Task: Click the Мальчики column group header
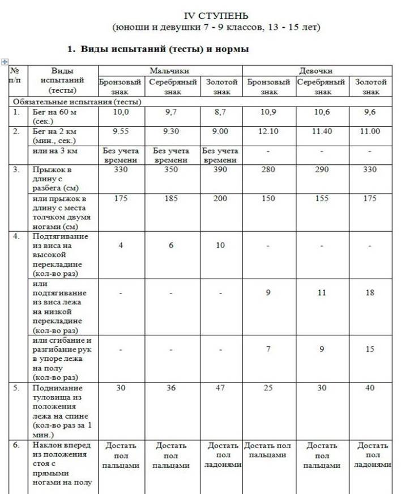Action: tap(169, 71)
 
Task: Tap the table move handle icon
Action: tap(5, 61)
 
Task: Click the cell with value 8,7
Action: tap(220, 113)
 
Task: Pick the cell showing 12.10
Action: tap(268, 131)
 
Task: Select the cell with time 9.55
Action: tap(121, 131)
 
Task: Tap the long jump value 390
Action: tap(220, 169)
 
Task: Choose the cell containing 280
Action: tap(268, 169)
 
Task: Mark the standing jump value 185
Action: tap(172, 198)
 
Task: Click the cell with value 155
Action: tap(322, 198)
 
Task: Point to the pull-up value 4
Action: tap(121, 245)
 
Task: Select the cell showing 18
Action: tap(370, 293)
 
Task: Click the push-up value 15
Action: tap(370, 349)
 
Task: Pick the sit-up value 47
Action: tap(220, 388)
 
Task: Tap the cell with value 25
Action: tap(268, 388)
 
